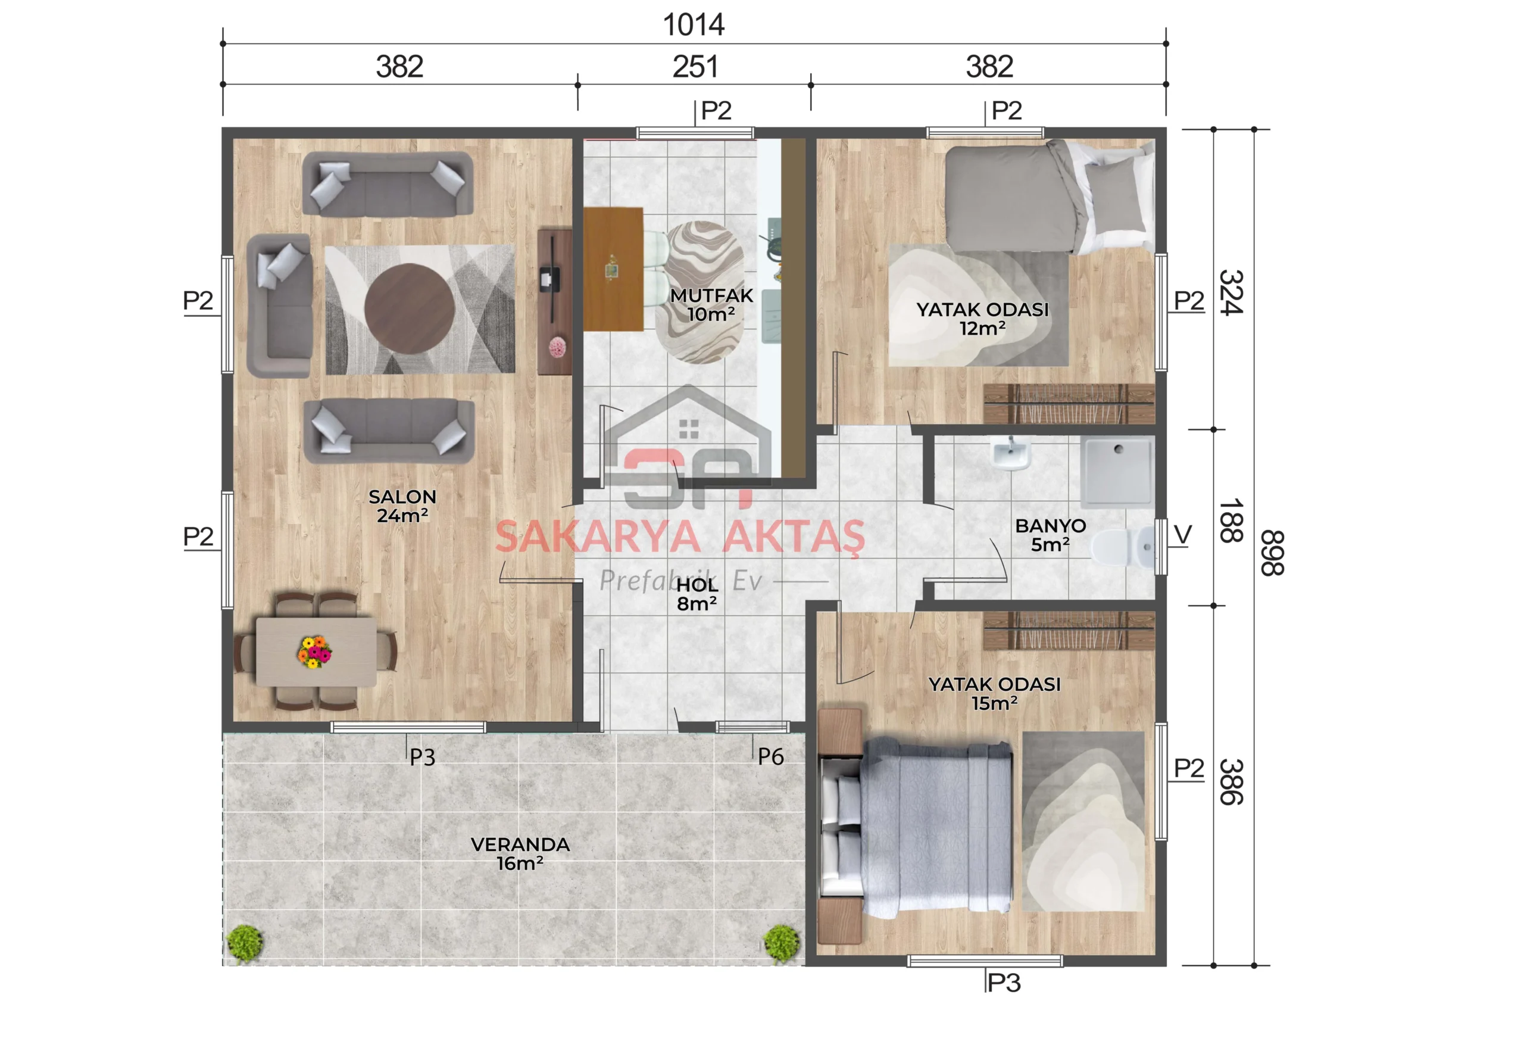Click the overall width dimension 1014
pyautogui.click(x=693, y=25)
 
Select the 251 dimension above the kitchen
pyautogui.click(x=695, y=67)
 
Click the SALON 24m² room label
pyautogui.click(x=402, y=506)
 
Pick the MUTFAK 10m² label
pyautogui.click(x=711, y=304)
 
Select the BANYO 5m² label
pyautogui.click(x=1051, y=535)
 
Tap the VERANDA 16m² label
pyautogui.click(x=520, y=853)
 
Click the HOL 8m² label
pyautogui.click(x=697, y=594)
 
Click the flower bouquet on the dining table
pyautogui.click(x=314, y=652)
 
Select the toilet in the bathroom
pyautogui.click(x=1122, y=548)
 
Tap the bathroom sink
pyautogui.click(x=1010, y=454)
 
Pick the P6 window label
pyautogui.click(x=770, y=757)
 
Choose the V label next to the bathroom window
pyautogui.click(x=1182, y=535)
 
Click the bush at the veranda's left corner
pyautogui.click(x=245, y=943)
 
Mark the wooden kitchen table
pyautogui.click(x=613, y=269)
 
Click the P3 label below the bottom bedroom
pyautogui.click(x=1004, y=983)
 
